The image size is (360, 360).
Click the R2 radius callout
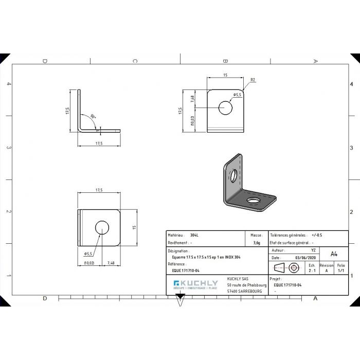253,80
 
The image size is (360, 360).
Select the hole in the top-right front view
225,107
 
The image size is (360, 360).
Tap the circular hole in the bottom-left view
102,227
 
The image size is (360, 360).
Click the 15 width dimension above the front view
225,75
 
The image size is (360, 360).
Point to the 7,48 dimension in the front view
192,99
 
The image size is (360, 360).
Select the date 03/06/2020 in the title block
307,258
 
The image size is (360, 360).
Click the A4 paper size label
334,254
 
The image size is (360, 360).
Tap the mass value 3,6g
256,243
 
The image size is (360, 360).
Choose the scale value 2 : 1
312,270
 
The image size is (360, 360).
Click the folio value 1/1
341,270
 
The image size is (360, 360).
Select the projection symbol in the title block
286,267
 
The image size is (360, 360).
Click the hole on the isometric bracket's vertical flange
233,175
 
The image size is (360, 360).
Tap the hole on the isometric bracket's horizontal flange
253,199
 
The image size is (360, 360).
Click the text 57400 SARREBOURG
244,291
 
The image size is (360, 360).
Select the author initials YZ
314,249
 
